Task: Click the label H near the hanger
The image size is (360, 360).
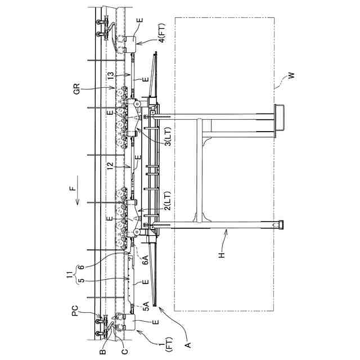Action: click(x=222, y=254)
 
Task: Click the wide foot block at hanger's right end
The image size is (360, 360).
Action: click(x=278, y=120)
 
